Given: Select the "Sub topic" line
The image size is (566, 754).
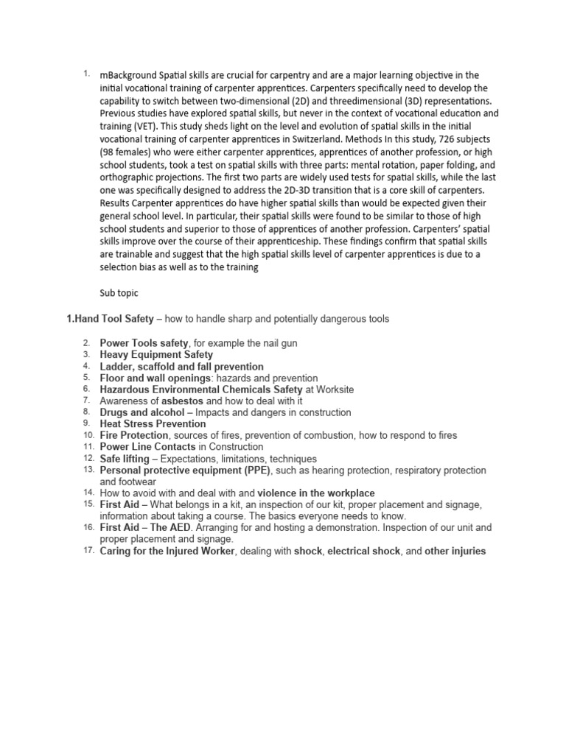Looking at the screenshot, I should (x=119, y=292).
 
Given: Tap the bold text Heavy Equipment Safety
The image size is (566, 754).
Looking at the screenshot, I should (x=156, y=355).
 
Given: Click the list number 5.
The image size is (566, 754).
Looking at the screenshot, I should (x=85, y=378).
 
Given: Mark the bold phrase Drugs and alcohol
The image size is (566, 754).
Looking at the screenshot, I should (x=142, y=412).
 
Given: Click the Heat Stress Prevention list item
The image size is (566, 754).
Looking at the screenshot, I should (x=153, y=424).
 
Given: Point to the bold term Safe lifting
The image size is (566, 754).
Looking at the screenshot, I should (x=126, y=459).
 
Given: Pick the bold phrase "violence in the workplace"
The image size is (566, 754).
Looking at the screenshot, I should (x=316, y=493).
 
